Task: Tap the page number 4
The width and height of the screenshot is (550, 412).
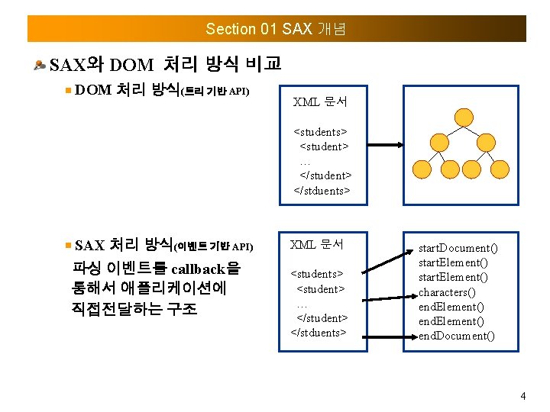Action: pos(522,396)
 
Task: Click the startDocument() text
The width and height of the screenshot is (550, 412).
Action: pos(458,248)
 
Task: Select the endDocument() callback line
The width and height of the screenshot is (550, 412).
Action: pos(456,336)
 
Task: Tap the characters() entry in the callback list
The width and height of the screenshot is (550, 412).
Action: pos(446,292)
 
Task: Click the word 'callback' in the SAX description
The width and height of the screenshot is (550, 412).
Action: pos(199,269)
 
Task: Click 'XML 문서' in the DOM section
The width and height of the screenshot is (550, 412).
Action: pos(320,101)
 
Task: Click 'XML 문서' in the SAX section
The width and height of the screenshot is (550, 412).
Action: pos(317,245)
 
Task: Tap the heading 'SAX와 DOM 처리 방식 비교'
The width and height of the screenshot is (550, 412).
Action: pos(165,63)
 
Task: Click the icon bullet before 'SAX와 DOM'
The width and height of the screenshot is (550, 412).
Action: pos(39,64)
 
